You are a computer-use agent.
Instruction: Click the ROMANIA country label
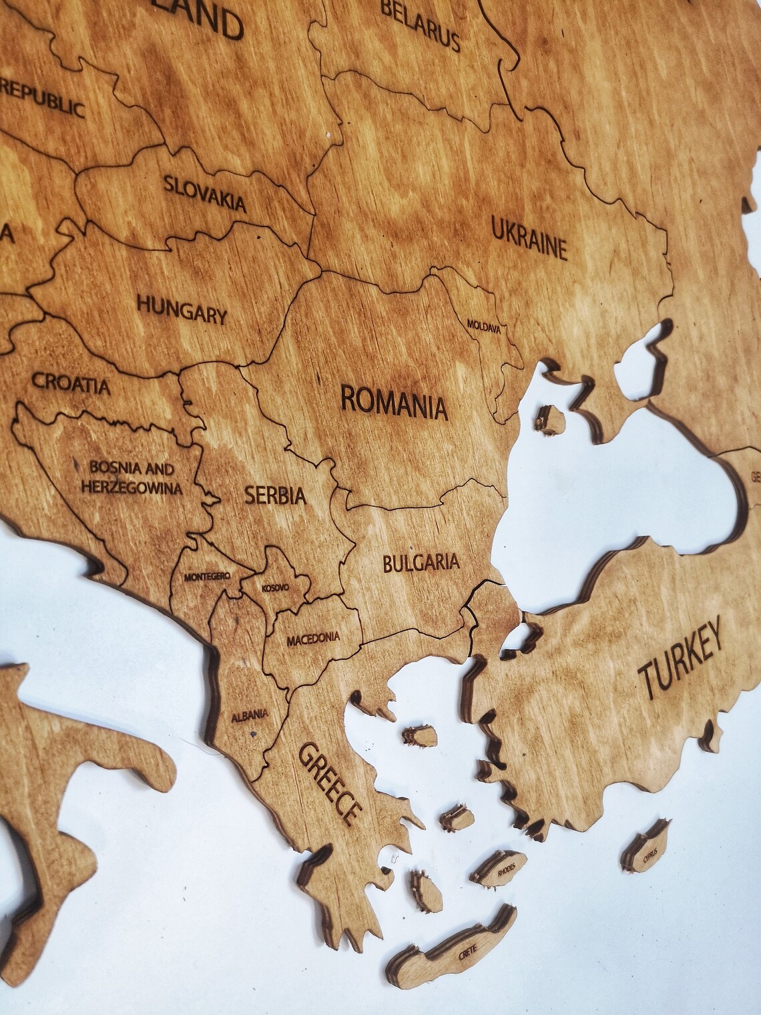[393, 400]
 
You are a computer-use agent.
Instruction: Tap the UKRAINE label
[529, 237]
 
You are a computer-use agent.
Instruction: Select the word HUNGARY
[182, 310]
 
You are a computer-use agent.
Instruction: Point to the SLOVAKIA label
[205, 192]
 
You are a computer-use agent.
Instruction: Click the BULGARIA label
[421, 562]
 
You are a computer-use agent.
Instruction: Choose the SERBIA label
[275, 495]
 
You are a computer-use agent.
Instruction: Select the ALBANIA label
[250, 716]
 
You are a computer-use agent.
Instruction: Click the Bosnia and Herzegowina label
[131, 478]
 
